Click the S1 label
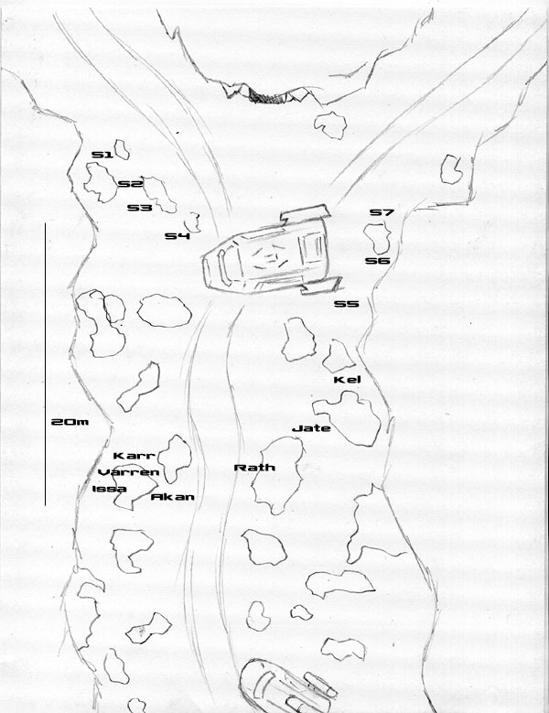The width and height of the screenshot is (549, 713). click(x=102, y=156)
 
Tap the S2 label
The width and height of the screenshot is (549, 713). click(x=130, y=184)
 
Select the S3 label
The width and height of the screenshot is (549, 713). click(x=139, y=208)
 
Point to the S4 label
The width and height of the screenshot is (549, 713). click(x=177, y=236)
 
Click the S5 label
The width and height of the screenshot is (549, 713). click(x=346, y=304)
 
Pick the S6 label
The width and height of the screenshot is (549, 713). click(x=378, y=261)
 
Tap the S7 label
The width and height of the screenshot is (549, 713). click(x=382, y=212)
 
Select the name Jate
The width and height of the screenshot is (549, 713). click(x=310, y=427)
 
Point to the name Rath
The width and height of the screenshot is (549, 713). click(x=254, y=468)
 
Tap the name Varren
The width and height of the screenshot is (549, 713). click(x=129, y=472)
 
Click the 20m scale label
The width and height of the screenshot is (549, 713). click(x=70, y=422)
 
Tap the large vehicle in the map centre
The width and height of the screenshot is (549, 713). click(x=271, y=256)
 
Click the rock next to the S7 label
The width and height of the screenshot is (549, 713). click(x=377, y=236)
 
